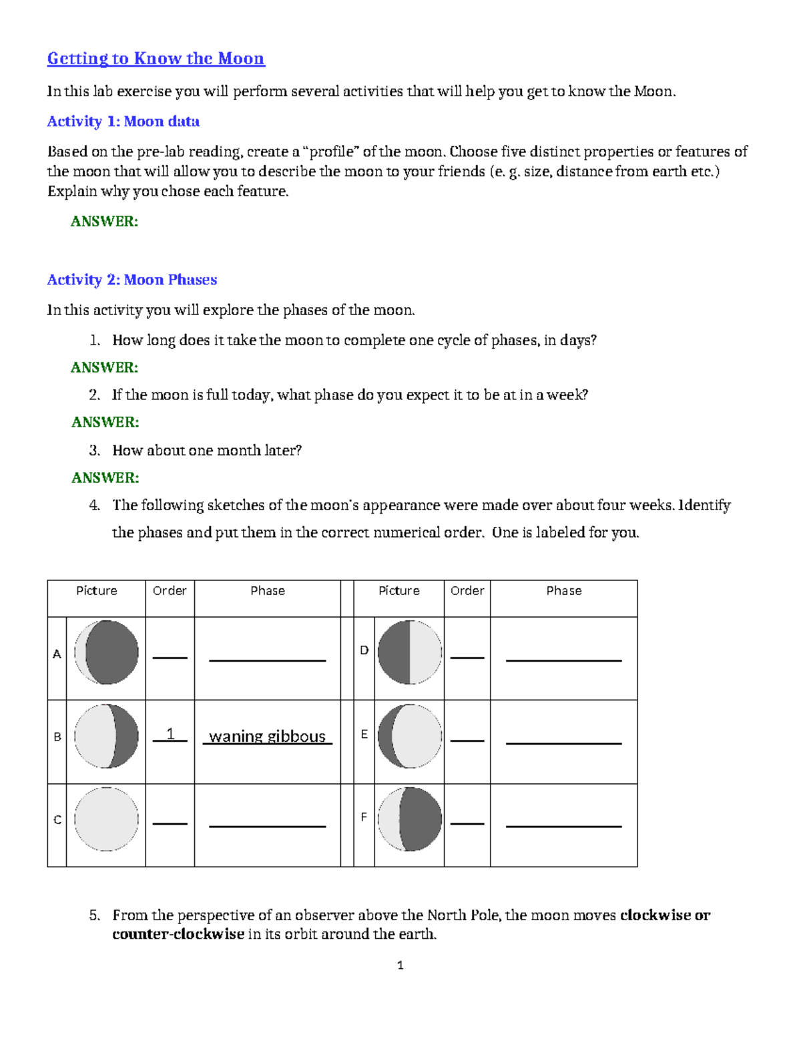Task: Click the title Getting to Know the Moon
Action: pyautogui.click(x=156, y=59)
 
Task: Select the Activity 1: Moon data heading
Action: pyautogui.click(x=123, y=122)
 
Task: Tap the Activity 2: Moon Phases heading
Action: pyautogui.click(x=131, y=280)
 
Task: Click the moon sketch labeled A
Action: pyautogui.click(x=106, y=652)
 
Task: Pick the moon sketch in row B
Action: pyautogui.click(x=106, y=736)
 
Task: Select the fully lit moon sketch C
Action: pyautogui.click(x=106, y=819)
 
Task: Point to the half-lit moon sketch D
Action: pyautogui.click(x=409, y=652)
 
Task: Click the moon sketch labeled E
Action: pyautogui.click(x=409, y=736)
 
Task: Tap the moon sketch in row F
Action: pyautogui.click(x=409, y=819)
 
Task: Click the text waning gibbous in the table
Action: pyautogui.click(x=267, y=736)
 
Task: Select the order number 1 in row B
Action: pyautogui.click(x=170, y=734)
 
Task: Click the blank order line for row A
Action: pyautogui.click(x=170, y=657)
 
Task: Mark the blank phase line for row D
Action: pyautogui.click(x=563, y=660)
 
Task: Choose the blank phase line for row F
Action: pyautogui.click(x=563, y=826)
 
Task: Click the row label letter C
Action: pyautogui.click(x=57, y=820)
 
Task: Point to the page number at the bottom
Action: pyautogui.click(x=400, y=965)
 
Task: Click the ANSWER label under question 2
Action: pyautogui.click(x=105, y=422)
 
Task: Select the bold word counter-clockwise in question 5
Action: pyautogui.click(x=178, y=934)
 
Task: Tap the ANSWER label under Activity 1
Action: pyautogui.click(x=104, y=222)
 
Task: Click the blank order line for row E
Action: pyautogui.click(x=467, y=740)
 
